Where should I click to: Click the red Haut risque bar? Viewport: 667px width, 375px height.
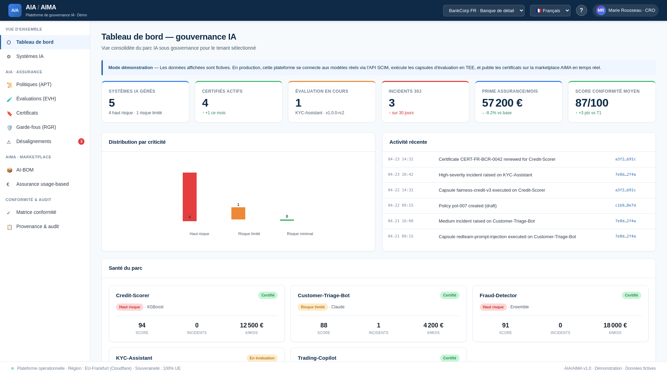click(189, 197)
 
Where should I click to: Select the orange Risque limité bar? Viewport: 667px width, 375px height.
click(238, 213)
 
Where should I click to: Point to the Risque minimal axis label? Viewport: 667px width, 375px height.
click(300, 234)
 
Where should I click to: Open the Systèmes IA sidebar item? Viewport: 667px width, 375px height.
click(30, 56)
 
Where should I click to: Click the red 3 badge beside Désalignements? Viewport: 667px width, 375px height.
click(81, 141)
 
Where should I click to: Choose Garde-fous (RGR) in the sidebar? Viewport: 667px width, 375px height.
click(36, 127)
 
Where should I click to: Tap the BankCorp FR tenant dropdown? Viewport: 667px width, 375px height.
click(484, 10)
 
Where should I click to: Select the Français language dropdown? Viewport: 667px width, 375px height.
click(550, 10)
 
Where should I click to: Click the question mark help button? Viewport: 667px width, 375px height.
click(581, 10)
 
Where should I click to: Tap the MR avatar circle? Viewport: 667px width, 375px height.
click(601, 10)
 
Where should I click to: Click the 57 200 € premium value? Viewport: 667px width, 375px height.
click(502, 103)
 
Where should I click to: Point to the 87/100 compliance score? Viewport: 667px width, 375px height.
click(592, 103)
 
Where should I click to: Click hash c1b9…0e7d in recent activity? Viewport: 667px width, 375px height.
click(625, 206)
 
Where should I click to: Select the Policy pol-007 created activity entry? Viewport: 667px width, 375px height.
click(468, 206)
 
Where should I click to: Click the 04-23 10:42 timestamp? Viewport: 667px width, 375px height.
click(401, 175)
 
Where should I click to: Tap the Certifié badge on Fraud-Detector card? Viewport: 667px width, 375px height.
click(631, 295)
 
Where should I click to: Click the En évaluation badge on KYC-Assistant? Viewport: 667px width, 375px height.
click(262, 358)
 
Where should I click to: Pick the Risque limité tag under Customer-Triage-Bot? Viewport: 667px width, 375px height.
click(312, 307)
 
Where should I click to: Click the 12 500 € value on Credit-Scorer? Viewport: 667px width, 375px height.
click(252, 325)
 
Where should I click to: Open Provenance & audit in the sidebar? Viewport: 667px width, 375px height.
click(37, 226)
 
